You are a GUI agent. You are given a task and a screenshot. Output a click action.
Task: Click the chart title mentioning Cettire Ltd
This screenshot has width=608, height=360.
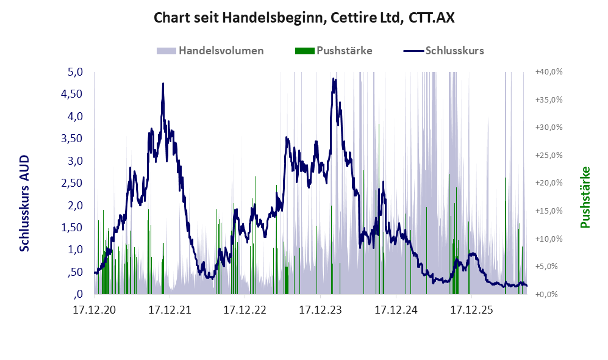[x=304, y=18]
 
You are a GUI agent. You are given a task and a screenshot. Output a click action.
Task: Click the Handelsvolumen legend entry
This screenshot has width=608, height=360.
[x=210, y=51]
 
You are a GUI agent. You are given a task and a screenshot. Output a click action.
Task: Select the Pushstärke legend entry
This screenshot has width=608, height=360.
[x=334, y=51]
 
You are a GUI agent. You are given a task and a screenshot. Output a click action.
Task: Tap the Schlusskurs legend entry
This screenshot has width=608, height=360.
[x=443, y=51]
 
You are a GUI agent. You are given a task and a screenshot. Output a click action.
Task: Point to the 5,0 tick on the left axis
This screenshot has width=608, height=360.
[x=75, y=72]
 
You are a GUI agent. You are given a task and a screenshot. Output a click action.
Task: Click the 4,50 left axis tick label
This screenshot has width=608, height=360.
[x=72, y=94]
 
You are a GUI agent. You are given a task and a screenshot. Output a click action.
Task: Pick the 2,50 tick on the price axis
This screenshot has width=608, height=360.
[x=72, y=182]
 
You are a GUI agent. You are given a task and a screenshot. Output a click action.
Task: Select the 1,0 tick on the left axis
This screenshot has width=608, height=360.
[x=75, y=250]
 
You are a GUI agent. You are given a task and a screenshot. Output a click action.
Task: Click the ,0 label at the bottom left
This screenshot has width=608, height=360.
[x=78, y=293]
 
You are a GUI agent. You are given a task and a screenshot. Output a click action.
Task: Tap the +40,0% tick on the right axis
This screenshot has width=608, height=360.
[x=549, y=72]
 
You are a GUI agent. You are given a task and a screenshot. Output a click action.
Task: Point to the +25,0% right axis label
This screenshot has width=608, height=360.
[x=549, y=155]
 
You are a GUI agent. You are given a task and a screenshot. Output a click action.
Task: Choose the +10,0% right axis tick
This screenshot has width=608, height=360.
[x=549, y=239]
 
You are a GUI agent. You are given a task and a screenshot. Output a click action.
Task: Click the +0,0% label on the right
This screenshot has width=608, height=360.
[x=549, y=294]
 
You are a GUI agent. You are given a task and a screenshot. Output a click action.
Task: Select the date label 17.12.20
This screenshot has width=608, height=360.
[x=95, y=310]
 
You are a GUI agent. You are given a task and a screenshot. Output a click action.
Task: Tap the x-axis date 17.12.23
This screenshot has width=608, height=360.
[x=320, y=310]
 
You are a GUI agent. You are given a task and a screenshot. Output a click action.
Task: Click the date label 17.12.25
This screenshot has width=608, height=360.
[x=471, y=310]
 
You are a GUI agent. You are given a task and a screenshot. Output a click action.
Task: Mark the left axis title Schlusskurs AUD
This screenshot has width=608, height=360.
[x=24, y=203]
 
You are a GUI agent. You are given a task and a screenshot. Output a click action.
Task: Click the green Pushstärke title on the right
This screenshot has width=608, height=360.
[x=585, y=197]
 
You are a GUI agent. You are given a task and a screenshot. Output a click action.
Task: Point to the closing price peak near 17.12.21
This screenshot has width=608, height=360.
[x=163, y=84]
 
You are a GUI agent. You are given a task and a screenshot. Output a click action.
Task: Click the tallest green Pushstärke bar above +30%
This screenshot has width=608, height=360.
[x=379, y=209]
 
